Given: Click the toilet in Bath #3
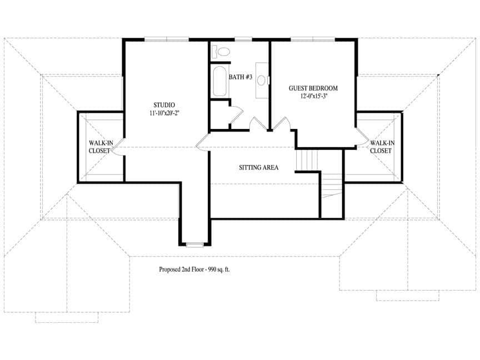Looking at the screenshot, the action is pyautogui.click(x=221, y=51).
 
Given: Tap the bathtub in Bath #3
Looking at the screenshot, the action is pyautogui.click(x=220, y=81).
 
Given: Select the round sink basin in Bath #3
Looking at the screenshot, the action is pyautogui.click(x=261, y=80).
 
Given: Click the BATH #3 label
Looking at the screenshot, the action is pyautogui.click(x=241, y=77).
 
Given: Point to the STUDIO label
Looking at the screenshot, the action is pyautogui.click(x=164, y=105).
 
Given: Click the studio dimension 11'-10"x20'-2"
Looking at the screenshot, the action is pyautogui.click(x=164, y=113).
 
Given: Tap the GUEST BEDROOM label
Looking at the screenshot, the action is pyautogui.click(x=313, y=88).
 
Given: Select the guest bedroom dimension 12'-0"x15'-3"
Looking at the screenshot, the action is pyautogui.click(x=313, y=96).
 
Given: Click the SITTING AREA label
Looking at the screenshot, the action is pyautogui.click(x=259, y=167).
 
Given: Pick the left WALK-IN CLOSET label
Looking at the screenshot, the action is pyautogui.click(x=101, y=147).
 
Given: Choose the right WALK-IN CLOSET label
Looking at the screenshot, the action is pyautogui.click(x=382, y=147).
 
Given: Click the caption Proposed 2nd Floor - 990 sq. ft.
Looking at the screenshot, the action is pyautogui.click(x=194, y=269).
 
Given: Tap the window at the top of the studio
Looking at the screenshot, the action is pyautogui.click(x=167, y=39).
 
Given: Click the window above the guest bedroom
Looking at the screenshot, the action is pyautogui.click(x=313, y=39).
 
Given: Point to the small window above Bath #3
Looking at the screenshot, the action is pyautogui.click(x=243, y=39).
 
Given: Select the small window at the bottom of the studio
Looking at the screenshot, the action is pyautogui.click(x=195, y=244).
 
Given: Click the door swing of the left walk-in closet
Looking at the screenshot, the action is pyautogui.click(x=118, y=147).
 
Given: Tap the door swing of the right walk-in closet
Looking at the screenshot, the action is pyautogui.click(x=362, y=137).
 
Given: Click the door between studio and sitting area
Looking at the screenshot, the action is pyautogui.click(x=202, y=142).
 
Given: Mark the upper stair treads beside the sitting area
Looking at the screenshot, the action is pyautogui.click(x=307, y=160).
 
